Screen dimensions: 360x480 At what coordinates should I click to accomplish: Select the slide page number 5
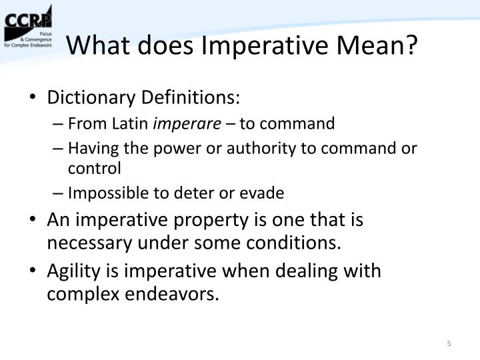tap(449, 344)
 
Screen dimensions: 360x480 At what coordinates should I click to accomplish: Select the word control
tap(94, 167)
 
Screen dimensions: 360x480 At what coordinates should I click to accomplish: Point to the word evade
tap(265, 193)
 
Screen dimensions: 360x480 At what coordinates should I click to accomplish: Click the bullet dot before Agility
tap(33, 271)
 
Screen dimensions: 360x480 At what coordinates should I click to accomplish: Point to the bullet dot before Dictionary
tap(33, 98)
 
